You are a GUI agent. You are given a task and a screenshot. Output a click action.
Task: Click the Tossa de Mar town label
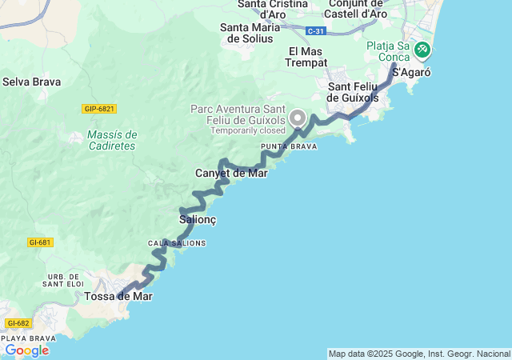tap(118, 296)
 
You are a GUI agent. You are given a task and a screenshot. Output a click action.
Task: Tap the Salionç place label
tap(197, 219)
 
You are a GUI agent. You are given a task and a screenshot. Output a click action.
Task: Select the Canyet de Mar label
tap(231, 173)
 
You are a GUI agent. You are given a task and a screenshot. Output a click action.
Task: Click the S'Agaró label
tap(414, 72)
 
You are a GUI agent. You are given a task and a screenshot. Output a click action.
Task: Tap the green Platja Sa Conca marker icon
tap(422, 50)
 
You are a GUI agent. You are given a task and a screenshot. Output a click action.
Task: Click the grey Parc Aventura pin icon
tap(298, 118)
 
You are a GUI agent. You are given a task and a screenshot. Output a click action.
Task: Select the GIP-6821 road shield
tap(99, 109)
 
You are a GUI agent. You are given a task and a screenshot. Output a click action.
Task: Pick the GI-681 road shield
tap(40, 242)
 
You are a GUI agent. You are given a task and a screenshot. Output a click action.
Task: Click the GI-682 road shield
tap(17, 323)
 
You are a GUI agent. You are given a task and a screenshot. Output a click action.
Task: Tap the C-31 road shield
tap(315, 30)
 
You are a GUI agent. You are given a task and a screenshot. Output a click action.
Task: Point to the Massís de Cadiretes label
tap(112, 140)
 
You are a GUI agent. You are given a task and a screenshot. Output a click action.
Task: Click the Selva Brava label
tap(29, 82)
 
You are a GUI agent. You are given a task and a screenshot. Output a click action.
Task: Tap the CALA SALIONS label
tap(177, 243)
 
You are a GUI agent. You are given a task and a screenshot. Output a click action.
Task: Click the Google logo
tap(26, 350)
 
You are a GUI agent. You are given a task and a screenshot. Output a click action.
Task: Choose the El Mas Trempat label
tap(304, 58)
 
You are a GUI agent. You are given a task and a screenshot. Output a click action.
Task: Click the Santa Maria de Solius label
tap(250, 33)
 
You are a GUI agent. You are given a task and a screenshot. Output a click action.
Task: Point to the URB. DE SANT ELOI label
tap(64, 279)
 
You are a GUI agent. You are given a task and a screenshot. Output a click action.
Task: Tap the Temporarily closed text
tap(248, 130)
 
